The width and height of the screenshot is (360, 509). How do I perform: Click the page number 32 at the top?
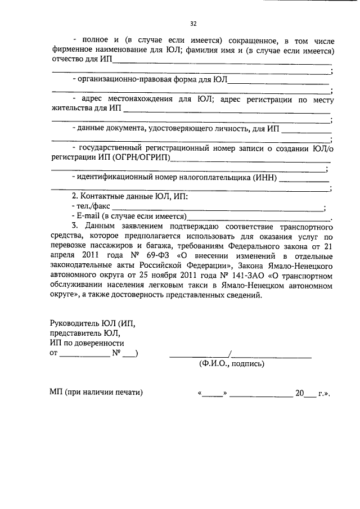pos(193,24)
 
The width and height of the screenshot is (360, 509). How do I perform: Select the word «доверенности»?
pos(100,343)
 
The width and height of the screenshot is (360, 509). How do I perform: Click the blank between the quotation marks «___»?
pos(213,393)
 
